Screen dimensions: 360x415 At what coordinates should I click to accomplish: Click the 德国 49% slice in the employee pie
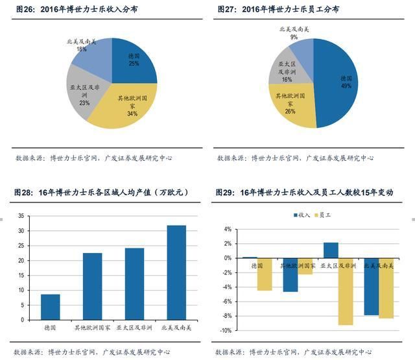point(340,81)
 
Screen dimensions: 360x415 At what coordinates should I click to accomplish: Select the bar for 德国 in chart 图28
point(51,307)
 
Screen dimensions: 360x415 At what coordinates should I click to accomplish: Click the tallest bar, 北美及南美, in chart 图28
point(176,272)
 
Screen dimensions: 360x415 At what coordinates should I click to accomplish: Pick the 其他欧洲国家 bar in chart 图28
point(92,286)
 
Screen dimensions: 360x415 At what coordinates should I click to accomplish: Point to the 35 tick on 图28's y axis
point(21,216)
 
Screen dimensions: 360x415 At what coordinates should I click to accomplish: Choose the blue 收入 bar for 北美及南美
point(371,286)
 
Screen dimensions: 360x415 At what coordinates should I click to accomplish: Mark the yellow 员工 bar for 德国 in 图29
point(264,274)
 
